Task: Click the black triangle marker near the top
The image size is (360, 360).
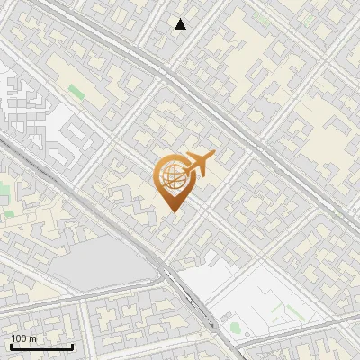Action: click(181, 24)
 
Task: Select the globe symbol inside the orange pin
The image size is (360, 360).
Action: click(171, 177)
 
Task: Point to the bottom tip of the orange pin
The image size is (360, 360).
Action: click(172, 211)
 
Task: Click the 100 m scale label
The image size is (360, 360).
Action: click(23, 338)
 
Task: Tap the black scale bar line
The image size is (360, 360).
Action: click(41, 346)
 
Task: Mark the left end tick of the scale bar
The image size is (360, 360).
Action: click(11, 345)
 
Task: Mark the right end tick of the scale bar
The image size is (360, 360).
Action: click(72, 345)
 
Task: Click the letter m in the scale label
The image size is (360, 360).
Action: click(33, 338)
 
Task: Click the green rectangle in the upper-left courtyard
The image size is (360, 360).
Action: click(74, 91)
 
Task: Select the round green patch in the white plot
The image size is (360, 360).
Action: click(235, 327)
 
